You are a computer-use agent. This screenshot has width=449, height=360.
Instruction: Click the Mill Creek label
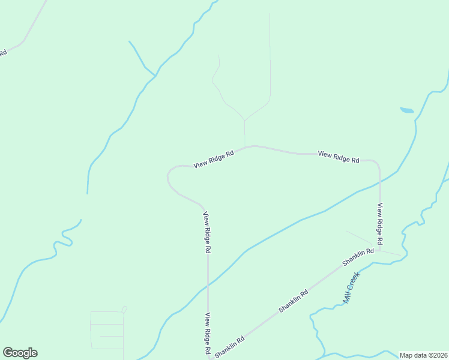pyautogui.click(x=351, y=288)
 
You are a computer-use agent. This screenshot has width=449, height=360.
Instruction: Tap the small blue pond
pyautogui.click(x=407, y=110)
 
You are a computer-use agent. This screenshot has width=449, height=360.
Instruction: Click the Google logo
pyautogui.click(x=20, y=353)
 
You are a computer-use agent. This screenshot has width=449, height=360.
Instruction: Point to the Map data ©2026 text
pyautogui.click(x=423, y=355)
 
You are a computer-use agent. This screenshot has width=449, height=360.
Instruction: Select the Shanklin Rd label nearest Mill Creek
pyautogui.click(x=358, y=257)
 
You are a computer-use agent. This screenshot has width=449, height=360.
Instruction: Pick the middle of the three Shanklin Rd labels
pyautogui.click(x=294, y=301)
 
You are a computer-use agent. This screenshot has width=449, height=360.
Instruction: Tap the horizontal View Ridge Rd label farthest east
pyautogui.click(x=339, y=157)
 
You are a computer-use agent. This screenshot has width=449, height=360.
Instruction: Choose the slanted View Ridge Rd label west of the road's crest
pyautogui.click(x=213, y=159)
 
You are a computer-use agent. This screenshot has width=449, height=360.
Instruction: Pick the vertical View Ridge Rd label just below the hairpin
pyautogui.click(x=207, y=232)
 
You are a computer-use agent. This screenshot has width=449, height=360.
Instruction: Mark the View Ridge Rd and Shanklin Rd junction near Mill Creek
pyautogui.click(x=379, y=250)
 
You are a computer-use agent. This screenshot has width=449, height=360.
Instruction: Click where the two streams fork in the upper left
pyautogui.click(x=155, y=76)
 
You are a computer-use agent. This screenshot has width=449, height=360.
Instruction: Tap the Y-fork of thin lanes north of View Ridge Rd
pyautogui.click(x=244, y=119)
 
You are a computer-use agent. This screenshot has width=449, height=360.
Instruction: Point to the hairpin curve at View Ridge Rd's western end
pyautogui.click(x=168, y=176)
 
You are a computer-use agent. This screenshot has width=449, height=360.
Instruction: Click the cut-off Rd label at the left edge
pyautogui.click(x=3, y=53)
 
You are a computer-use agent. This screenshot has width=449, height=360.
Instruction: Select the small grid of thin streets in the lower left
pyautogui.click(x=107, y=330)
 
